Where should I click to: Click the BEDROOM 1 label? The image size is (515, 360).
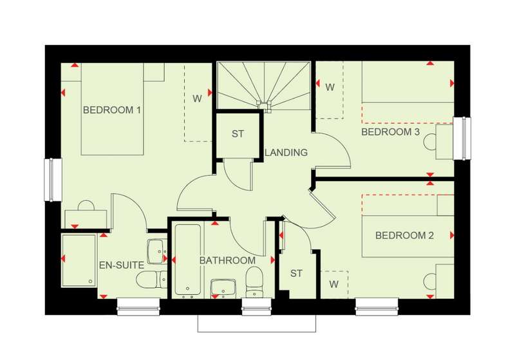[x=111, y=109]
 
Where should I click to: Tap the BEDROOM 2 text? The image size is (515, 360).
[x=404, y=235]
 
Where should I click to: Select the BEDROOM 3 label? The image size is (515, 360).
[x=391, y=132]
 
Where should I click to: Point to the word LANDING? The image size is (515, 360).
[x=286, y=153]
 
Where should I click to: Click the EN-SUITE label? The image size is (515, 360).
[x=122, y=265]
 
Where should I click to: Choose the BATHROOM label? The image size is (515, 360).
[x=227, y=260]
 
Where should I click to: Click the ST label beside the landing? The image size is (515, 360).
[x=238, y=134]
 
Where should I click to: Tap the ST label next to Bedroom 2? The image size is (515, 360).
[x=296, y=273]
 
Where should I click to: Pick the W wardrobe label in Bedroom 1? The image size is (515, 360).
[x=197, y=99]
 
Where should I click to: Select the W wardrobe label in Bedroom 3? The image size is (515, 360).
[x=330, y=87]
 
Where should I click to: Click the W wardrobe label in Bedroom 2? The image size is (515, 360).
[x=333, y=284]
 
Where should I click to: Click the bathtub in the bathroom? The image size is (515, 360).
[x=187, y=260]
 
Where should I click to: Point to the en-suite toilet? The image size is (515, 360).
[x=151, y=279]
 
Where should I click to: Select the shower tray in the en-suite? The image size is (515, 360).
[x=79, y=260]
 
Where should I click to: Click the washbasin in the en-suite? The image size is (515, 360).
[x=156, y=251]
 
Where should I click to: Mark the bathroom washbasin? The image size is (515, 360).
[x=223, y=289]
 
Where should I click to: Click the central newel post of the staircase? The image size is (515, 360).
[x=265, y=105]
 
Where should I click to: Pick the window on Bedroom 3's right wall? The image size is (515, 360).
[x=462, y=138]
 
